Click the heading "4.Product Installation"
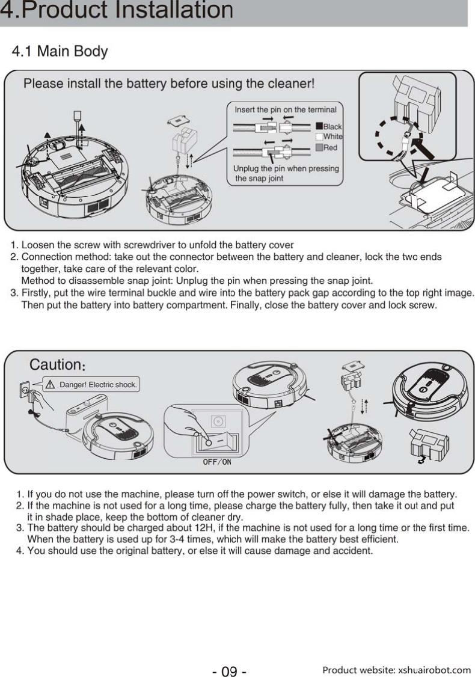(x=117, y=11)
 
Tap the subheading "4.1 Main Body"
(x=60, y=51)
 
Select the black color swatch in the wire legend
(x=319, y=126)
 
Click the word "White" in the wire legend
(x=332, y=137)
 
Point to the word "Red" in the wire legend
(x=330, y=147)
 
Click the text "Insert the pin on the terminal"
(x=285, y=110)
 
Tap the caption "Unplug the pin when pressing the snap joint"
(x=286, y=173)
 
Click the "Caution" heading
(x=56, y=365)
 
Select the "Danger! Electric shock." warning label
(x=91, y=384)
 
